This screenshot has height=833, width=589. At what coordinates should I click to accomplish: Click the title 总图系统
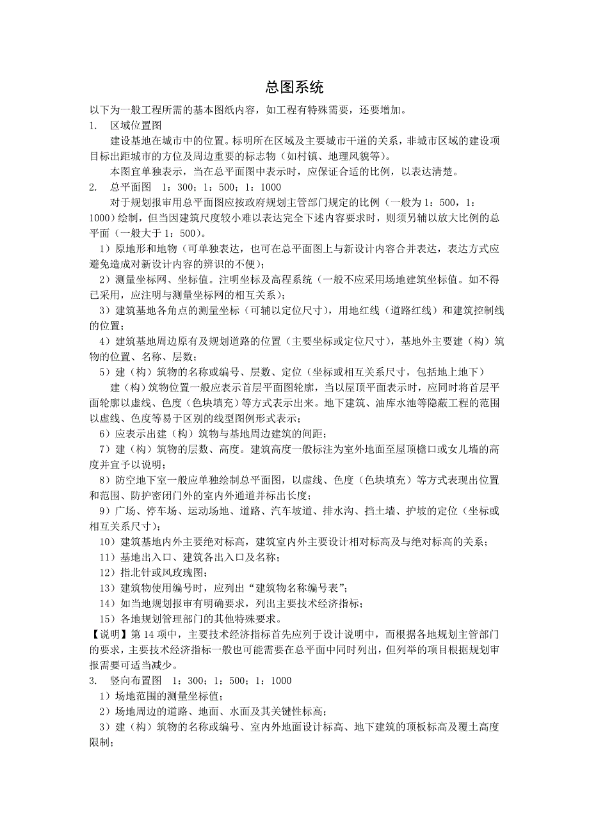tap(294, 88)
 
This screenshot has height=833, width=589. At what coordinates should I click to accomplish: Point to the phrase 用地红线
tap(375, 310)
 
